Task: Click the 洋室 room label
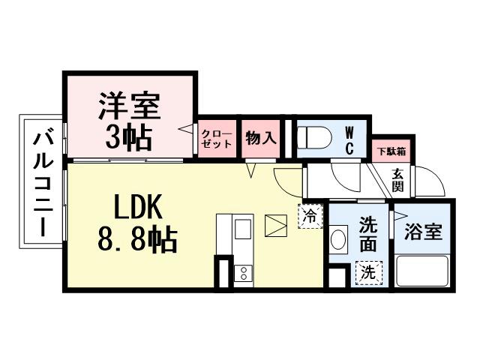(x=129, y=106)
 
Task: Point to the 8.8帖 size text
(x=137, y=240)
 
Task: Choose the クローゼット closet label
(x=216, y=139)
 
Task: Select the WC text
(x=349, y=138)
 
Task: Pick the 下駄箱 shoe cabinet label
(x=391, y=151)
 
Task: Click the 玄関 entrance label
(x=398, y=180)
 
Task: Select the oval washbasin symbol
(x=339, y=241)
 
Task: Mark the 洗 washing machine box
(x=369, y=271)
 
